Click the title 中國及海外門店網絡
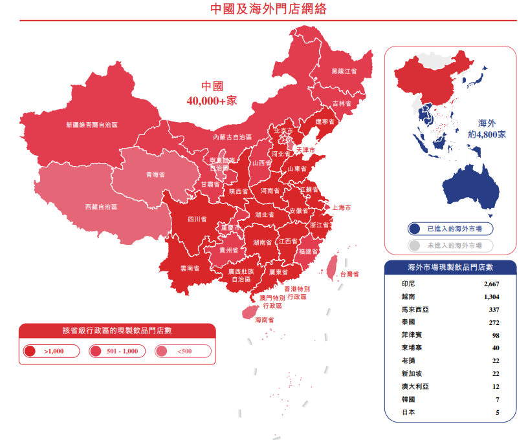[264, 9]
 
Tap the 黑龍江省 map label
[344, 71]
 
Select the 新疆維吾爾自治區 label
[92, 125]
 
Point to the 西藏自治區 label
[102, 207]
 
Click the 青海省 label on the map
[155, 174]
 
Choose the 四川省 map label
[197, 219]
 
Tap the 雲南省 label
[189, 267]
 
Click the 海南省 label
[264, 320]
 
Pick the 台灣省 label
[349, 274]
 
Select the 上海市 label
[342, 207]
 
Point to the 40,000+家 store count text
[212, 101]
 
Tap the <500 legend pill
[183, 351]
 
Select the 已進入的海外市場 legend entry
[450, 229]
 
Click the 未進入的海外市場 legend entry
[450, 246]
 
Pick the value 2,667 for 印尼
[491, 284]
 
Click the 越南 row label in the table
[408, 297]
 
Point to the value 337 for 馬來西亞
[493, 309]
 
